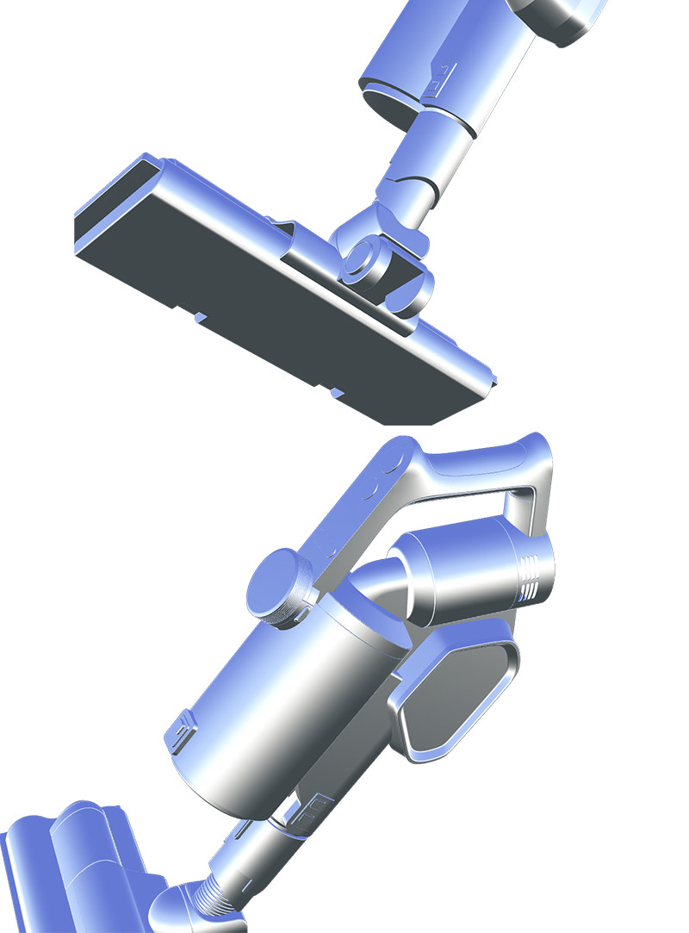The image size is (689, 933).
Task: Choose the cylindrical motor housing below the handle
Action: pyautogui.click(x=465, y=573)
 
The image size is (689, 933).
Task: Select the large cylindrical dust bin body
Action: pyautogui.click(x=276, y=698)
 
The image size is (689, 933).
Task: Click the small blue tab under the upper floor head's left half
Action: pyautogui.click(x=200, y=318)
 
